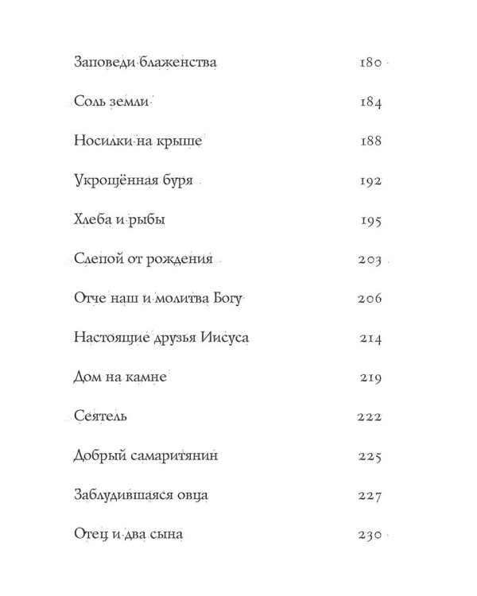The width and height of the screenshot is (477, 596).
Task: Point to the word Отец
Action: [x=89, y=536]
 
